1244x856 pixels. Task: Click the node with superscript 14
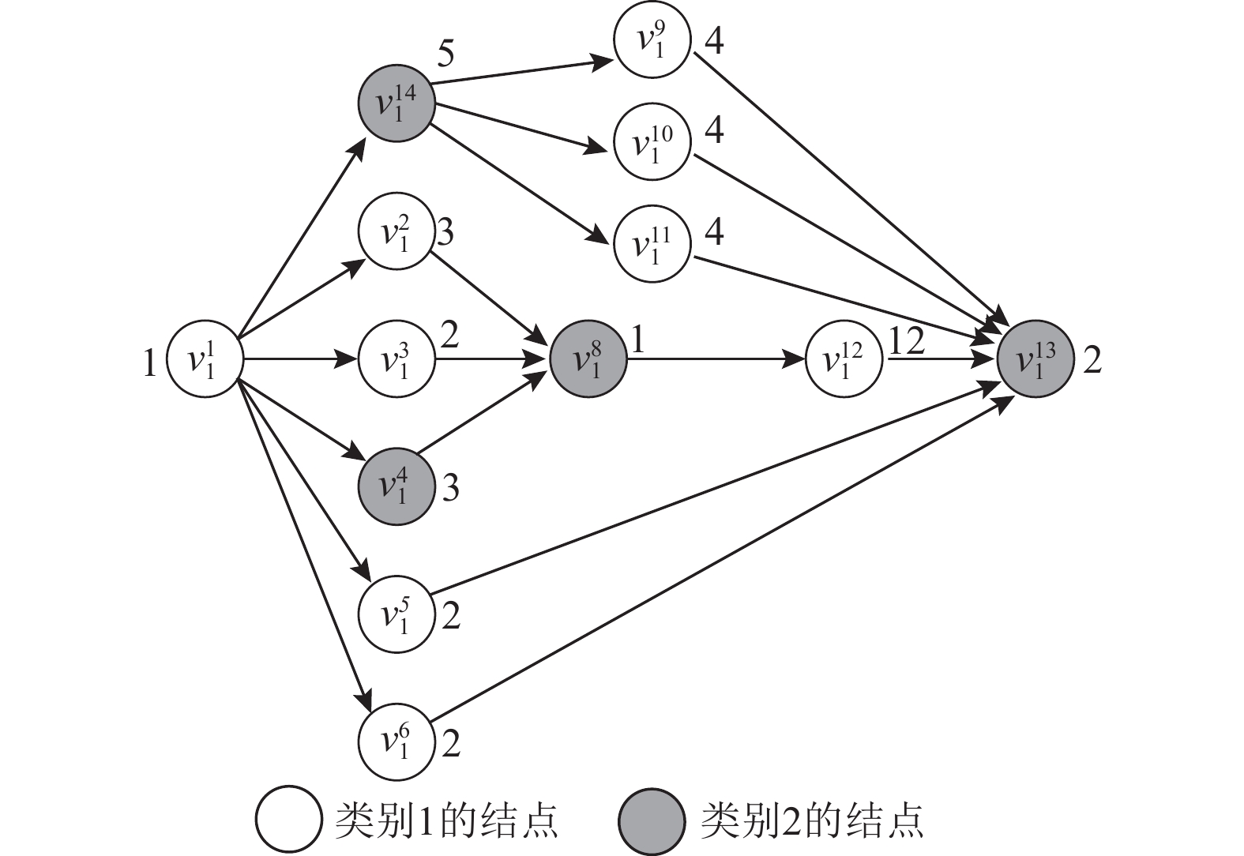397,103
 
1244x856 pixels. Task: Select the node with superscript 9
652,39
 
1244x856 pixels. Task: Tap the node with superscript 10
652,142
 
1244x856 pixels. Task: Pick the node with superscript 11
652,244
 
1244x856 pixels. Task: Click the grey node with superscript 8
588,359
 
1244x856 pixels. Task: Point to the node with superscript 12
844,359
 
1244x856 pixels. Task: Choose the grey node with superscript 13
1035,359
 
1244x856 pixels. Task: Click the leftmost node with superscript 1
204,359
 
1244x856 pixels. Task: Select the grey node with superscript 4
397,486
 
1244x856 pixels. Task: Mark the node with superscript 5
397,614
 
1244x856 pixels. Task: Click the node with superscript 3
397,359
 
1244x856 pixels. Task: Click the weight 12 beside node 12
906,341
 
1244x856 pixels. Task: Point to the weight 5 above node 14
445,54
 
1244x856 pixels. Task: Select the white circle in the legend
288,820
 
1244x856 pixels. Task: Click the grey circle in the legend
652,820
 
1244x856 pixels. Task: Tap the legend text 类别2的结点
812,820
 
